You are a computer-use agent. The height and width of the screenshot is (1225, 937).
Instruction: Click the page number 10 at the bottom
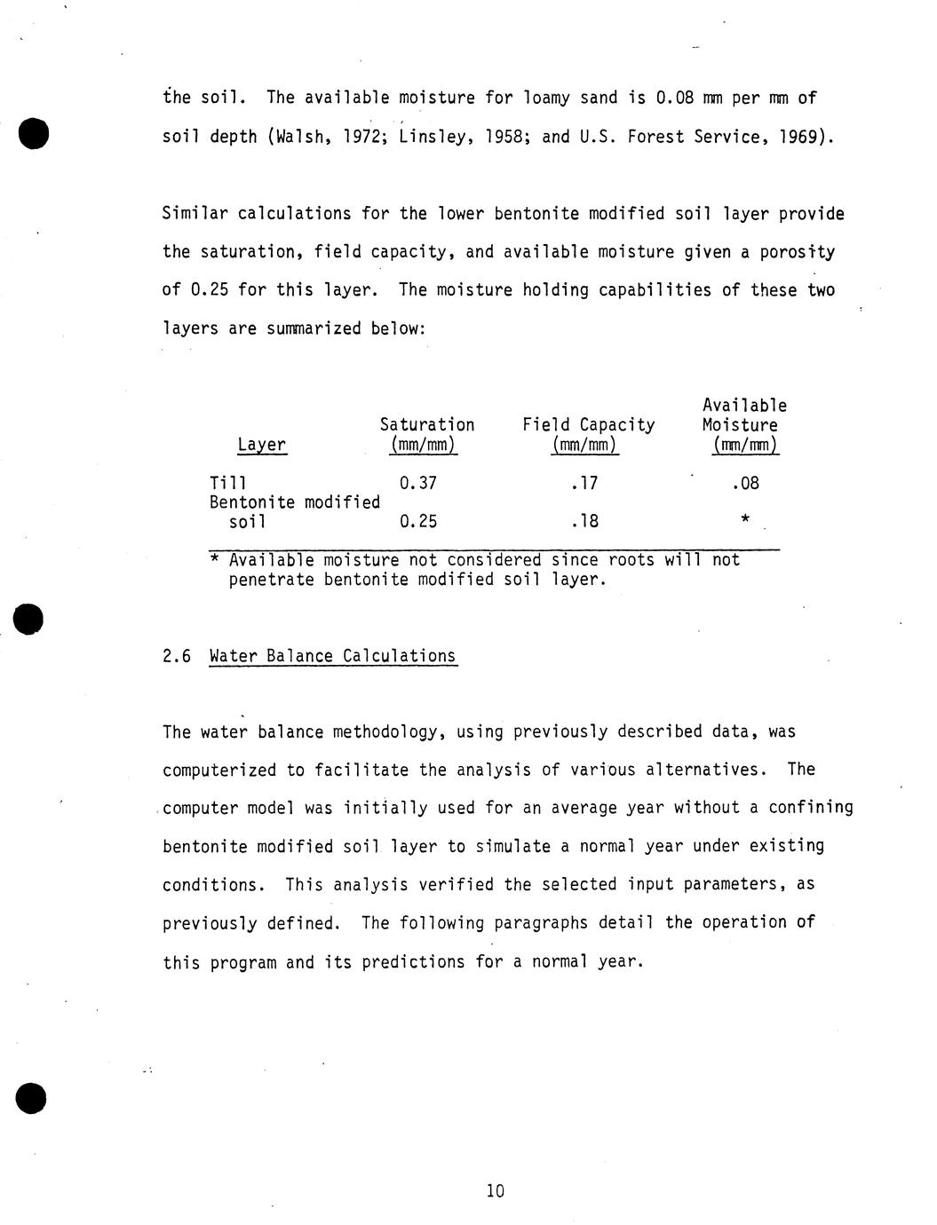(496, 1191)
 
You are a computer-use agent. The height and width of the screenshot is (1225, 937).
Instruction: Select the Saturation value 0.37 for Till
(418, 483)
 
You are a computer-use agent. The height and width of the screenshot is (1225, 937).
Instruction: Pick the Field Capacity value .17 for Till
(585, 483)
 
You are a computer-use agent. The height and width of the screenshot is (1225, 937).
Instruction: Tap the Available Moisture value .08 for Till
(745, 483)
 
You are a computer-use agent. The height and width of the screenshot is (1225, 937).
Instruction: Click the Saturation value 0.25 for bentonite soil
(418, 521)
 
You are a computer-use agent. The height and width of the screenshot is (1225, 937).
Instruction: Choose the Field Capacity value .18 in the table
(585, 521)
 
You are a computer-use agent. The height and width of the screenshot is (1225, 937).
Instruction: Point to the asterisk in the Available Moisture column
(744, 519)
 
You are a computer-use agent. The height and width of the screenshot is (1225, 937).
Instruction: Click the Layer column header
(262, 445)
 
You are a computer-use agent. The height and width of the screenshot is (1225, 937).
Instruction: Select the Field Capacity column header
(588, 425)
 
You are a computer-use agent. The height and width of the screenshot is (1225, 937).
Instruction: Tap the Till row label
(228, 483)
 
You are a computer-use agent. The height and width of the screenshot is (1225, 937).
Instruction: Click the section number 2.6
(177, 656)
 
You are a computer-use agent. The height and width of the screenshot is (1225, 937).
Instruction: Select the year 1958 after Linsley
(504, 137)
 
